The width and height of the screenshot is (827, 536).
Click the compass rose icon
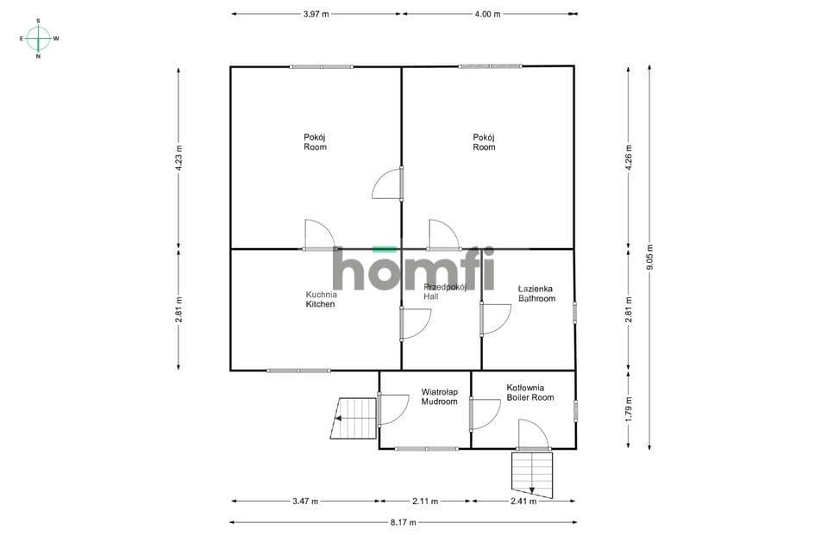pyautogui.click(x=39, y=39)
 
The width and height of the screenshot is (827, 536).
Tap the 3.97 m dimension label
pyautogui.click(x=316, y=15)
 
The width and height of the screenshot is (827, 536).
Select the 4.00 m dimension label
pyautogui.click(x=487, y=15)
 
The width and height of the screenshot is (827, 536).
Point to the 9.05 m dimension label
pyautogui.click(x=650, y=257)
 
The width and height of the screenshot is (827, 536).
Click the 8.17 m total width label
pyautogui.click(x=404, y=522)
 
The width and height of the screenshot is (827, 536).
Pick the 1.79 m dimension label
pyautogui.click(x=628, y=409)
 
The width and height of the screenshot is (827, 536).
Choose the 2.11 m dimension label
pyautogui.click(x=425, y=502)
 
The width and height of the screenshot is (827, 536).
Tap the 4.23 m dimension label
pyautogui.click(x=179, y=158)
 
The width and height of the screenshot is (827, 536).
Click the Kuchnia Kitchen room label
pyautogui.click(x=321, y=299)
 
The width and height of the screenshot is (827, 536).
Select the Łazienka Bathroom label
pyautogui.click(x=536, y=294)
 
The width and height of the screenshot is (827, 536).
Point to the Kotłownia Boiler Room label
pyautogui.click(x=530, y=393)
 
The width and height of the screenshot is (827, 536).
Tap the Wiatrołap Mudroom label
pyautogui.click(x=439, y=397)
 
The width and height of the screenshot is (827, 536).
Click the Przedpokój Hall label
pyautogui.click(x=445, y=291)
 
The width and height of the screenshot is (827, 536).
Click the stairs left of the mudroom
pyautogui.click(x=354, y=419)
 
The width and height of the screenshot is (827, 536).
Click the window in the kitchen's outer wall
pyautogui.click(x=298, y=371)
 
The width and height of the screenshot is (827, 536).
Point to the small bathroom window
pyautogui.click(x=575, y=311)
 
